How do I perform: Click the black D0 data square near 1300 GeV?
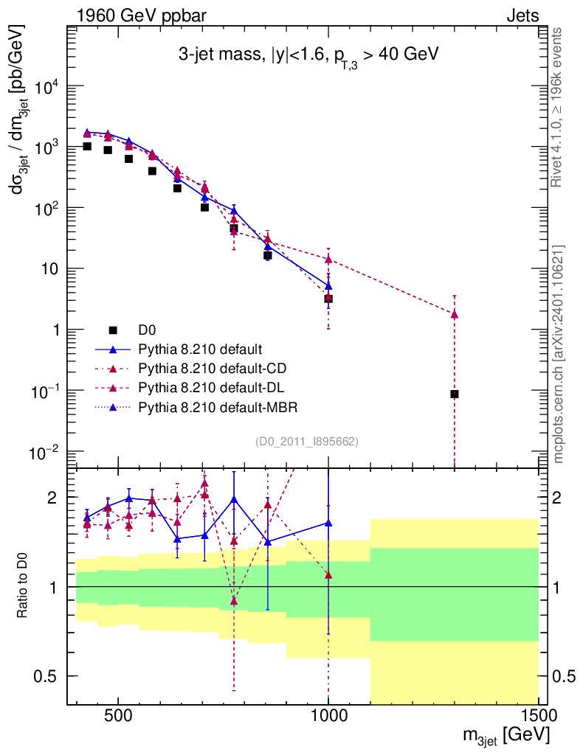coord(455,394)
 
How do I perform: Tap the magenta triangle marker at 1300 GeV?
coord(455,315)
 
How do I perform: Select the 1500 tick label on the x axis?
coord(538,714)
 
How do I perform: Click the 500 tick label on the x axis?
coord(118,714)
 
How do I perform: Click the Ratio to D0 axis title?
coord(24,585)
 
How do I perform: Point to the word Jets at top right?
coord(522,15)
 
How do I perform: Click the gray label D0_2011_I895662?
coord(307,442)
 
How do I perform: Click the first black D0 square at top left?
coord(87,147)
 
